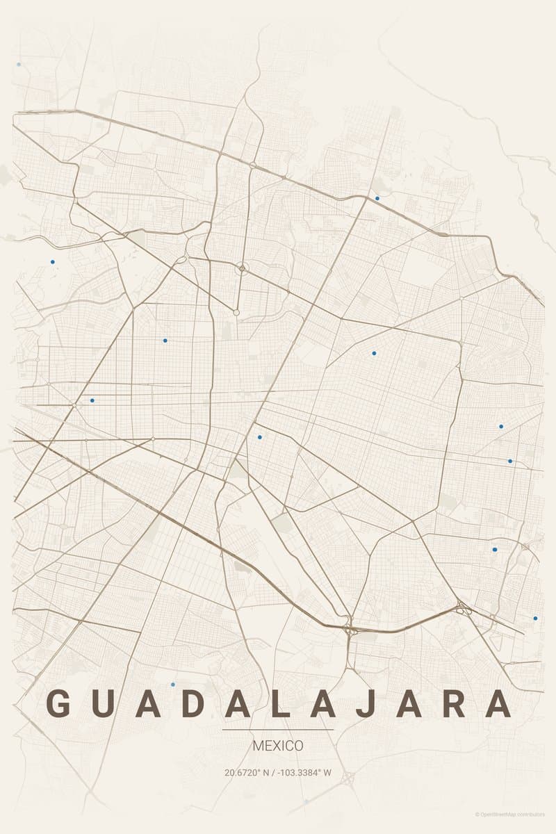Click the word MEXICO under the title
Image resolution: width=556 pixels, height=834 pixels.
click(278, 746)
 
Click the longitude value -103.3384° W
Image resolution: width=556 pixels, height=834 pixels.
click(305, 772)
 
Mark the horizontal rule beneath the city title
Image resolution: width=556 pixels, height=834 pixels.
click(278, 730)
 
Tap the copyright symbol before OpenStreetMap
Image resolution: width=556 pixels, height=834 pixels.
click(477, 814)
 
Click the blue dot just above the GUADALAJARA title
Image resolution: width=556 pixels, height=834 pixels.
click(173, 685)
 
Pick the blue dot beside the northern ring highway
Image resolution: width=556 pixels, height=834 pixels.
click(377, 198)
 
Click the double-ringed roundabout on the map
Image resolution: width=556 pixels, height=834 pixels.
click(242, 268)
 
